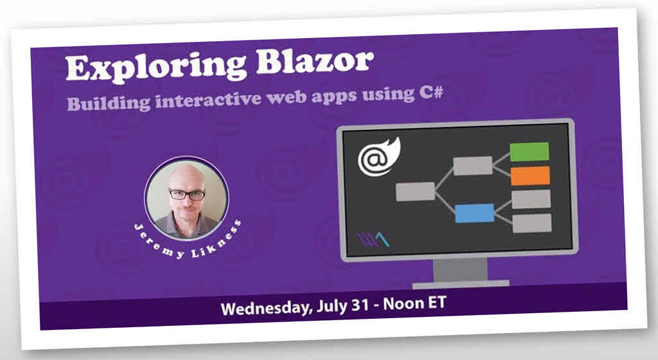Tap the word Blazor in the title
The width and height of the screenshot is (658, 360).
click(x=315, y=62)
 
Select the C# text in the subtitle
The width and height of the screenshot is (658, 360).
click(x=431, y=93)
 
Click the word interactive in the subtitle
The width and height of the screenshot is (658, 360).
click(x=209, y=100)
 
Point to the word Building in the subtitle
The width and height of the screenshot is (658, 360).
click(x=109, y=103)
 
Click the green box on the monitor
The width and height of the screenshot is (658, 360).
click(x=529, y=152)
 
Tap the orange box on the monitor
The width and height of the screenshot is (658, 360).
click(x=530, y=175)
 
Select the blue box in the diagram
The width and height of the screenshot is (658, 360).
click(x=474, y=213)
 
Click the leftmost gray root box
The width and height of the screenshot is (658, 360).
click(x=415, y=192)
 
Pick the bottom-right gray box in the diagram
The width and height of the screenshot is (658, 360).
click(x=531, y=223)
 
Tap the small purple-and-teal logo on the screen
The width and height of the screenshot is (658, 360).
click(x=373, y=240)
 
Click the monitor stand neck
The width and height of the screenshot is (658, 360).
click(x=460, y=270)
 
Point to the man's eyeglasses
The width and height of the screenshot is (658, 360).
click(x=187, y=195)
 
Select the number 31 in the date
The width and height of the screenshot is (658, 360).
click(x=360, y=305)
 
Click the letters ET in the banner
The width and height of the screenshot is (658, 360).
click(x=436, y=302)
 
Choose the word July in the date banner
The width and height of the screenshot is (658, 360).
click(x=332, y=306)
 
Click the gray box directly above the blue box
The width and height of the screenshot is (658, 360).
click(x=472, y=165)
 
